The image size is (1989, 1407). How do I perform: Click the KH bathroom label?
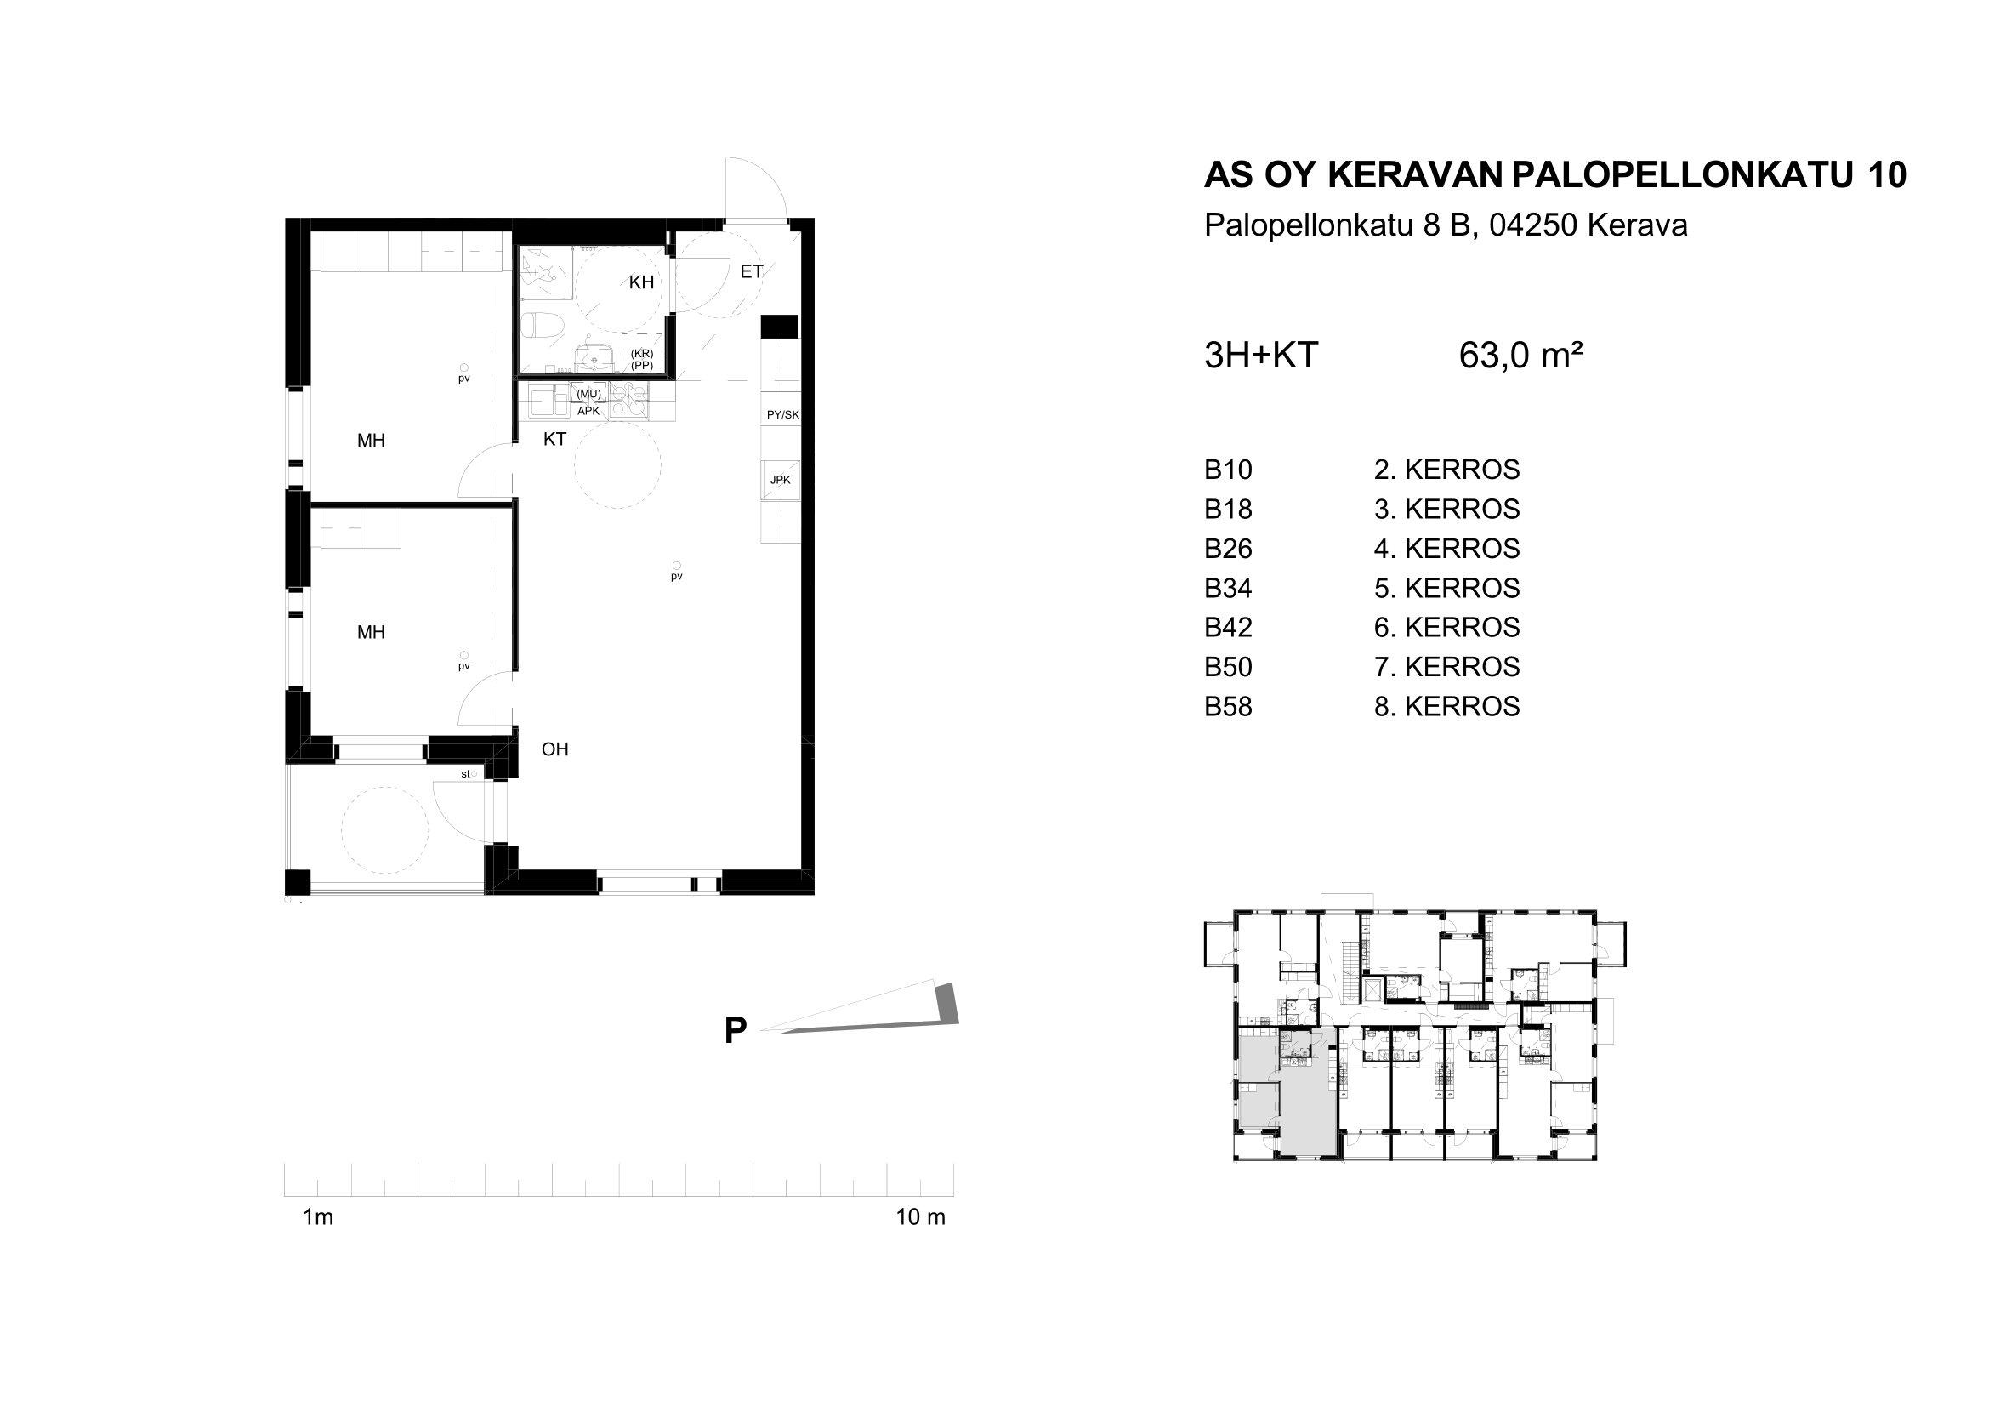click(x=641, y=282)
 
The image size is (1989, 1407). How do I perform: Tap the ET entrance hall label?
click(x=751, y=272)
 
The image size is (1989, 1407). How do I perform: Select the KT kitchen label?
click(x=554, y=439)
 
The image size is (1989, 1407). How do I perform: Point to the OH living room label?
click(x=554, y=749)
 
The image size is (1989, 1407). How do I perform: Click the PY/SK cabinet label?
click(x=782, y=415)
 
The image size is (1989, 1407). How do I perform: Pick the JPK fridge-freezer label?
click(x=780, y=479)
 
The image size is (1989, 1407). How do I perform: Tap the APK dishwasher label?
click(x=588, y=411)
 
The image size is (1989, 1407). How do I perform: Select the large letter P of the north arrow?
click(x=736, y=1031)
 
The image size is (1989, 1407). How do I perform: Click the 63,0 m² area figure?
click(x=1521, y=356)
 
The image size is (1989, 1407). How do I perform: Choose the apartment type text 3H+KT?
click(x=1261, y=356)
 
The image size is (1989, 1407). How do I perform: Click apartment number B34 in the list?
click(x=1229, y=589)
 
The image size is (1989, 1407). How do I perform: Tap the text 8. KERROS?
click(x=1446, y=707)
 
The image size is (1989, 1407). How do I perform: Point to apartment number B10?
click(x=1229, y=470)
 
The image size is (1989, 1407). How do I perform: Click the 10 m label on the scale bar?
click(x=920, y=1217)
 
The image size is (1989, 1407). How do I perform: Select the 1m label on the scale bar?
click(x=318, y=1217)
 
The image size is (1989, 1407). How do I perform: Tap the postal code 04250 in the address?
click(x=1533, y=226)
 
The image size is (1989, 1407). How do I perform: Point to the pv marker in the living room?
click(x=677, y=572)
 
